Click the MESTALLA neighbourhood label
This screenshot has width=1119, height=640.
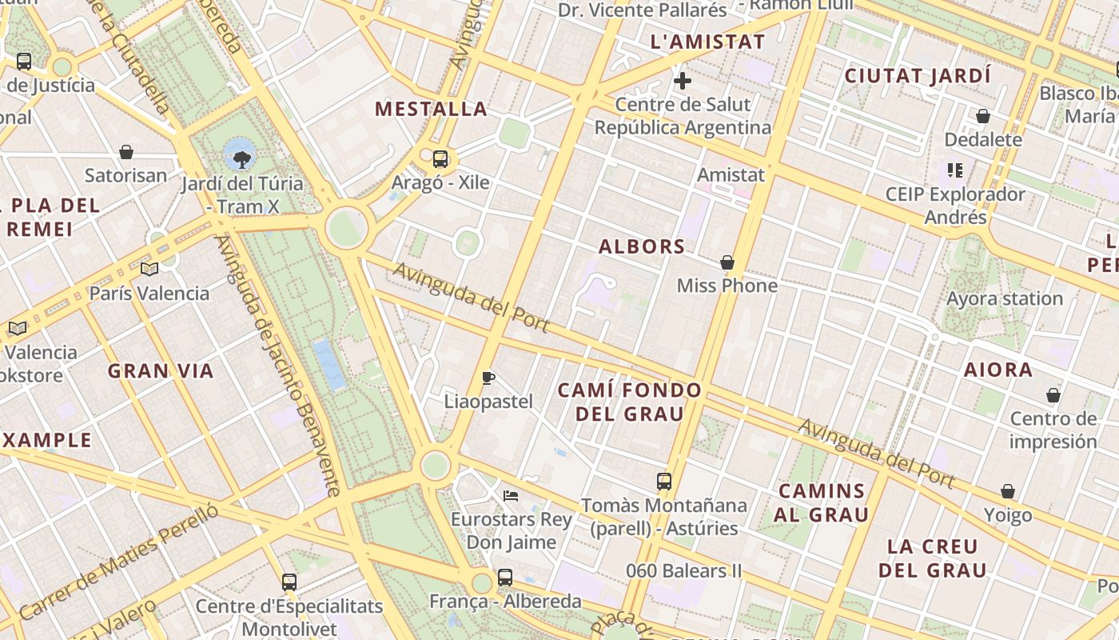(431, 109)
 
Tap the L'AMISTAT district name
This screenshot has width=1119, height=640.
(708, 42)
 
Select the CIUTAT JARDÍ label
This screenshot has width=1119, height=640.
(918, 76)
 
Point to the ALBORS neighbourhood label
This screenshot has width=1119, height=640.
(642, 246)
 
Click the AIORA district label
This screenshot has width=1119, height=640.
(998, 370)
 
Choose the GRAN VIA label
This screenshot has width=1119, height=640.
(161, 371)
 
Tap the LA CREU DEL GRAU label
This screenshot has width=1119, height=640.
(932, 558)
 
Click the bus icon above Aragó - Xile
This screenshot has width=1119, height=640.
(440, 158)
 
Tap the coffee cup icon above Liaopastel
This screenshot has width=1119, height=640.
(488, 378)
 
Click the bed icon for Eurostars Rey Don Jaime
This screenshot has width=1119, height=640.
(511, 496)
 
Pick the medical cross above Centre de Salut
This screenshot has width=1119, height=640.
(683, 81)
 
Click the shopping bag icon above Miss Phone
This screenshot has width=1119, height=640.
(727, 262)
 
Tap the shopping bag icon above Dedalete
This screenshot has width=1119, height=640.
(983, 116)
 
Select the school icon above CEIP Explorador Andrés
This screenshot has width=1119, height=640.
(955, 170)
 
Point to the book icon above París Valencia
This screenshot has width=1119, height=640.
(149, 269)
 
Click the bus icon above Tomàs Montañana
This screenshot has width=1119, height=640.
(664, 481)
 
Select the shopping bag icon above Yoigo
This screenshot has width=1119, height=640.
(1008, 491)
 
